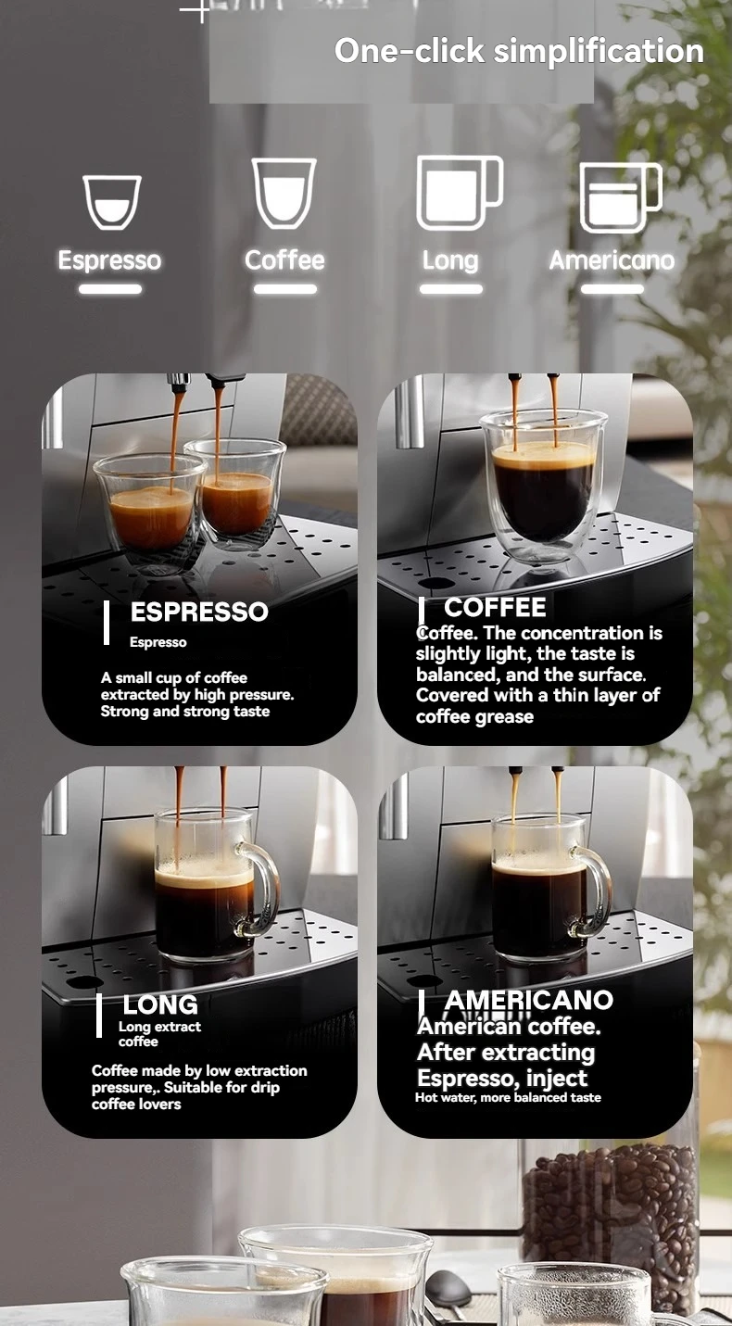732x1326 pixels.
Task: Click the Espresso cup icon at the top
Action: [x=112, y=201]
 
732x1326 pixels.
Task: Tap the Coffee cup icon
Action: [x=284, y=193]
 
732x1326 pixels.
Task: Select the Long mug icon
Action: [x=460, y=193]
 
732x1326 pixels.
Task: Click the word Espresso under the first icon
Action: [x=109, y=260]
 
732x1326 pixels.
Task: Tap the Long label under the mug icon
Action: [x=450, y=261]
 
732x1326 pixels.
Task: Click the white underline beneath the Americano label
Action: [x=612, y=289]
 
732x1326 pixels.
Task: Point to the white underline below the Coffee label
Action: [x=285, y=289]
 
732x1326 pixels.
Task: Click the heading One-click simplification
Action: [x=519, y=50]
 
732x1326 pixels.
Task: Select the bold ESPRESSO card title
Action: [x=199, y=612]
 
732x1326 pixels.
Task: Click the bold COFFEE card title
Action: [x=496, y=607]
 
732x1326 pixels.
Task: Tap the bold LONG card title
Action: [x=160, y=1004]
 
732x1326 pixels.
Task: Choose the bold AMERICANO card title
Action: [x=529, y=1000]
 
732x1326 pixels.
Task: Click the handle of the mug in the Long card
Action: [x=264, y=888]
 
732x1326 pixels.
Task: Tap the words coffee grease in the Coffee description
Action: [x=474, y=716]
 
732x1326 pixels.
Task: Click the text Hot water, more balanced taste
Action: [x=508, y=1097]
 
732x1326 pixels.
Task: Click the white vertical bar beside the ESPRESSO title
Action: [x=107, y=623]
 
